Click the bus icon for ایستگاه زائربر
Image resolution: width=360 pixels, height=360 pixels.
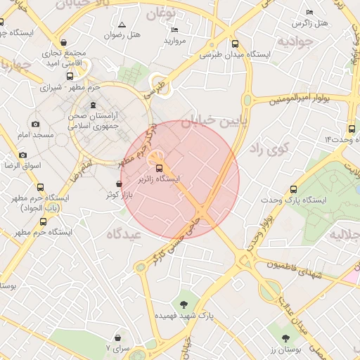point(158,169)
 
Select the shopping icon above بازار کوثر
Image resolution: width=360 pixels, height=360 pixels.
point(118,184)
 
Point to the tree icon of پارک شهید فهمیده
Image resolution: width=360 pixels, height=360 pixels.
point(184,304)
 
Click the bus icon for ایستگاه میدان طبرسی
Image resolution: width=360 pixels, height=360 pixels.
point(235,44)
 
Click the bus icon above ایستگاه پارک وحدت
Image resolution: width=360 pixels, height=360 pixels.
point(293,188)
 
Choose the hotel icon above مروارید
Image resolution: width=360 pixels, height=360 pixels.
point(174,30)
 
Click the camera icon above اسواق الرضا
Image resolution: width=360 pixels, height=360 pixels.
point(23,155)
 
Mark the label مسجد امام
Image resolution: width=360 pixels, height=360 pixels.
point(31,134)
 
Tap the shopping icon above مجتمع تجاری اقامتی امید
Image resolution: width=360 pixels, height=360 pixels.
point(65,42)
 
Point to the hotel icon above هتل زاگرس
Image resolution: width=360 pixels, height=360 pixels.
point(310,13)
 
